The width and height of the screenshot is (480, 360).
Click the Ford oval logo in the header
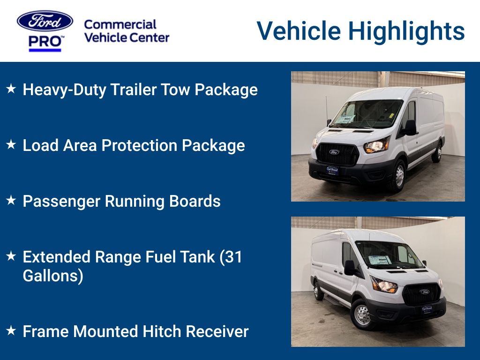click(x=45, y=21)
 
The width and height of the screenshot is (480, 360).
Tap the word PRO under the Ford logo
click(x=45, y=41)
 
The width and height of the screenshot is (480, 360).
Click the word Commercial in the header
click(x=120, y=24)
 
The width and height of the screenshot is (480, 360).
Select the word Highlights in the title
click(x=407, y=31)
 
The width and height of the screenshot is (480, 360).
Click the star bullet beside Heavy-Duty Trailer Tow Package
click(x=11, y=89)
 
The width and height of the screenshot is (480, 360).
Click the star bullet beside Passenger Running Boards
click(x=11, y=200)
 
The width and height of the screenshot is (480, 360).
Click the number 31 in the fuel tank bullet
click(x=233, y=257)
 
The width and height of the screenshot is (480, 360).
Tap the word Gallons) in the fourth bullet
click(x=53, y=276)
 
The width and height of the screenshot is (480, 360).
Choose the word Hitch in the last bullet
click(x=159, y=331)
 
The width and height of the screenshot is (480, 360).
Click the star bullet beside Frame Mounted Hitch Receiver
click(x=11, y=330)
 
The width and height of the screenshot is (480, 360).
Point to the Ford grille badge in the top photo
click(x=334, y=152)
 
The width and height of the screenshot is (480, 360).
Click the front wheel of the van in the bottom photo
click(x=362, y=315)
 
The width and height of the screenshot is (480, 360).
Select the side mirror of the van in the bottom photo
click(x=349, y=267)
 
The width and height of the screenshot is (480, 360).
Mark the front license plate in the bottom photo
click(x=427, y=309)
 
